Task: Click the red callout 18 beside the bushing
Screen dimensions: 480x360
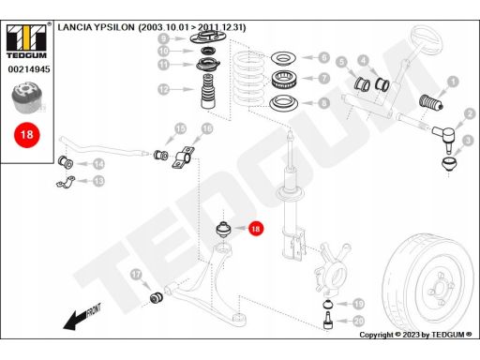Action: (x=256, y=229)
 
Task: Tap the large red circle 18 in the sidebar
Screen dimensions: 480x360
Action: (x=27, y=135)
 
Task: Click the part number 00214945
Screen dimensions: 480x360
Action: (x=29, y=69)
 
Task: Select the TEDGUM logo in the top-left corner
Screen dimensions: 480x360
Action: (x=26, y=40)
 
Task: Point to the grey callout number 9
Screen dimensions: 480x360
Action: (x=163, y=38)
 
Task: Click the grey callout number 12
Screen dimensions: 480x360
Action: (x=163, y=89)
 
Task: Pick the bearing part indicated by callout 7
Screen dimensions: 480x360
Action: (x=284, y=80)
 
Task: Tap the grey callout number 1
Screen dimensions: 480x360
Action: (x=453, y=82)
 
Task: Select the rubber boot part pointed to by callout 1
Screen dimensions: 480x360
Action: (x=430, y=102)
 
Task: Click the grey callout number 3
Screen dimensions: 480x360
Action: (x=468, y=141)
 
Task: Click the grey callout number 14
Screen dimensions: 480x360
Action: (x=99, y=164)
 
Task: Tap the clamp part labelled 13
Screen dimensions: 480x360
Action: (x=66, y=182)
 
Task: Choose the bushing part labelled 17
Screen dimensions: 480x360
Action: (x=156, y=297)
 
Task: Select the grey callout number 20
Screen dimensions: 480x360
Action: (x=358, y=321)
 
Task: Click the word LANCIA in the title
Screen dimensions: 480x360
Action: (x=75, y=27)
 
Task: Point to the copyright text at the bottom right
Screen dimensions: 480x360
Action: (x=415, y=335)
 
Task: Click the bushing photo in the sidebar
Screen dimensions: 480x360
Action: (x=27, y=97)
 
